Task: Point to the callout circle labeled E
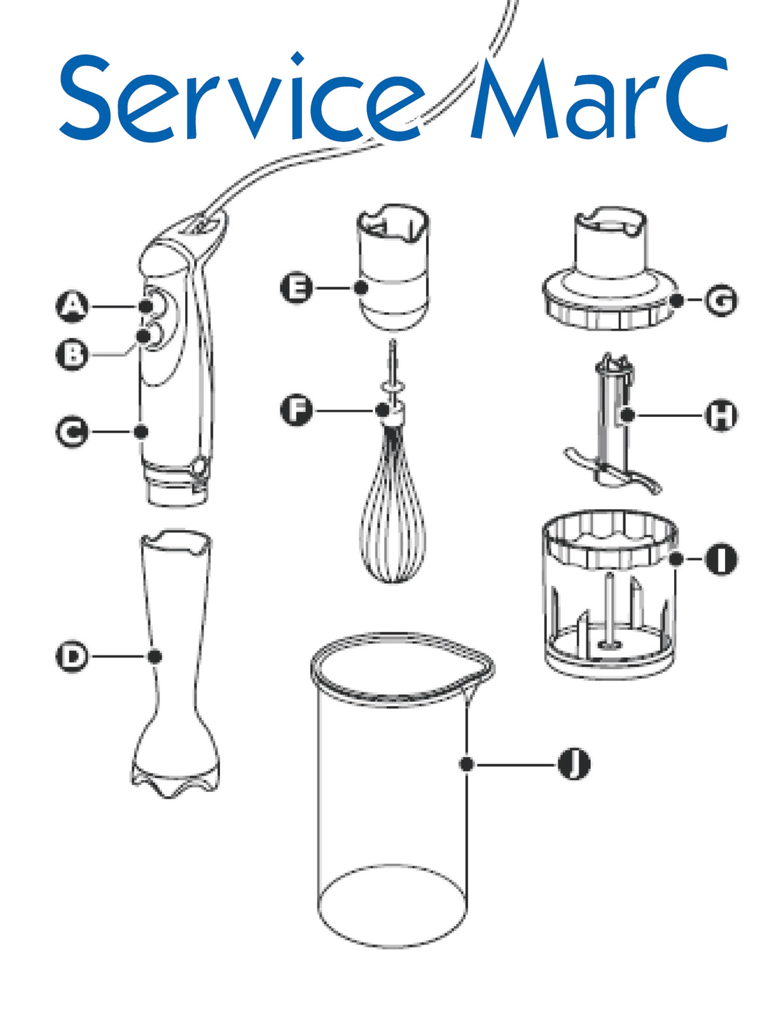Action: tap(296, 288)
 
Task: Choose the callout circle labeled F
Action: tap(296, 410)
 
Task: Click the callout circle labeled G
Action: tap(721, 300)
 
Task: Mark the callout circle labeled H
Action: tap(721, 416)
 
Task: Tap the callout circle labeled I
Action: tap(721, 559)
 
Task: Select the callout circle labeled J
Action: tap(574, 764)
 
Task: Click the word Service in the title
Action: tap(242, 99)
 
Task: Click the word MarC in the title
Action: tap(598, 99)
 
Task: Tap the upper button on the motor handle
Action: tap(153, 303)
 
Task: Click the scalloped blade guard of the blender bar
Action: tap(175, 779)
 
